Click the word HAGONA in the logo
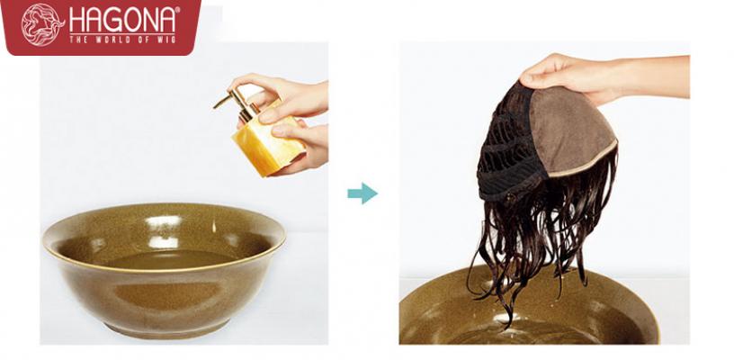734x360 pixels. pyautogui.click(x=124, y=20)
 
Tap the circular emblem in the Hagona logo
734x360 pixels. pyautogui.click(x=42, y=25)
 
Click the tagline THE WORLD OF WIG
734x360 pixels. pyautogui.click(x=122, y=40)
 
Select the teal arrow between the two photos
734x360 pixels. pyautogui.click(x=363, y=193)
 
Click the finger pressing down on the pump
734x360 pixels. pyautogui.click(x=248, y=85)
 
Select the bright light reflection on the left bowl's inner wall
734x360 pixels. pyautogui.click(x=163, y=221)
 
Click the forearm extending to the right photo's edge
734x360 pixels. pyautogui.click(x=656, y=76)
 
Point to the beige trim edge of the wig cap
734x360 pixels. pyautogui.click(x=583, y=161)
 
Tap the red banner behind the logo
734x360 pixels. pyautogui.click(x=101, y=27)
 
